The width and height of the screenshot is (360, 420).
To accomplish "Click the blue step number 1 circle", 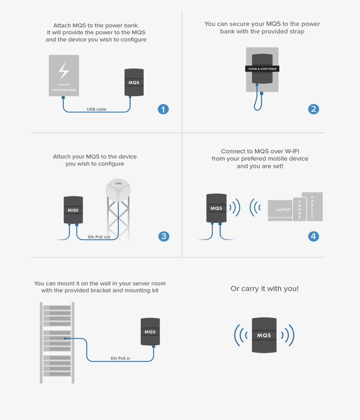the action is (x=163, y=109).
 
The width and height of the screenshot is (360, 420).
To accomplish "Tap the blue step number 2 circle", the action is (x=314, y=109).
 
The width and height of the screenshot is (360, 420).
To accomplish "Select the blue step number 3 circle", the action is (x=164, y=236).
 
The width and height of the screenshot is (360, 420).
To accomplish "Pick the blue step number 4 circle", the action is (x=314, y=236).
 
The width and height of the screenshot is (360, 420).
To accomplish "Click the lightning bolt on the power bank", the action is (x=64, y=71).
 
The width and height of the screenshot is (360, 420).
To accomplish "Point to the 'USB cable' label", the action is (x=96, y=109).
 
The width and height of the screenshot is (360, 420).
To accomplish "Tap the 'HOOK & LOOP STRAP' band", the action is (x=262, y=69).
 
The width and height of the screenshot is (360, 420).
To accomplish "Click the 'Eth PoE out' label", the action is (x=99, y=237).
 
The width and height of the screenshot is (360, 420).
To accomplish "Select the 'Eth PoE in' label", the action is (x=121, y=358).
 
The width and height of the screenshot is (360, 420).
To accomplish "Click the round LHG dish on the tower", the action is (x=118, y=190).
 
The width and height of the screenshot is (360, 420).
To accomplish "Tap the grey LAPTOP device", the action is (x=280, y=210).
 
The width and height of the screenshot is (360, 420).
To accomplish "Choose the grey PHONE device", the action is (x=300, y=209).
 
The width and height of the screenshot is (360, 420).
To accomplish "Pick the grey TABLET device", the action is (x=312, y=207).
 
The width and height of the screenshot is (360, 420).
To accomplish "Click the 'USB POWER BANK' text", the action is (x=64, y=90).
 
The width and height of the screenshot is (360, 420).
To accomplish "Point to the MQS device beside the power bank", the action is (x=134, y=82).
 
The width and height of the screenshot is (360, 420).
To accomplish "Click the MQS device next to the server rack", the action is (x=150, y=331).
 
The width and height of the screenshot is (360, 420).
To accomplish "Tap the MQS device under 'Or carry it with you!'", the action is (x=264, y=335).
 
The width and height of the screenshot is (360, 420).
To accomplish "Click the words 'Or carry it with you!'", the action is (x=264, y=289).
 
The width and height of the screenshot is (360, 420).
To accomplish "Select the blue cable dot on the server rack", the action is (x=65, y=338).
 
